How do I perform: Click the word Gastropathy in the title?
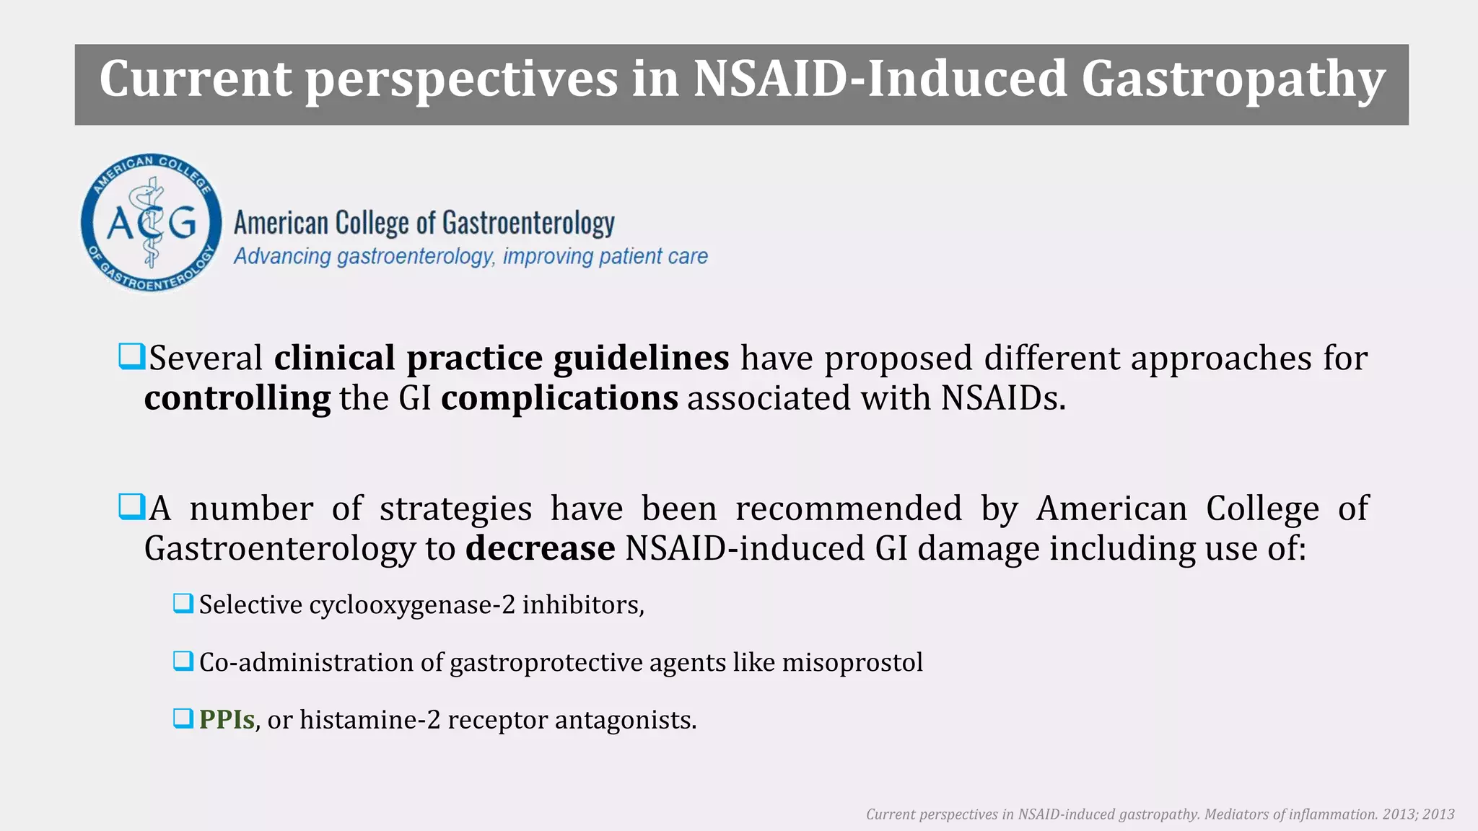pos(1233,79)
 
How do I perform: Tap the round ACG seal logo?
pos(152,222)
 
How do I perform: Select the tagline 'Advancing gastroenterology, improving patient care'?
pos(471,256)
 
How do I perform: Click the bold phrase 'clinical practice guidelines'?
pos(502,358)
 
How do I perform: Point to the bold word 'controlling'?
pos(237,398)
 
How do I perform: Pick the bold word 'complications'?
pos(559,398)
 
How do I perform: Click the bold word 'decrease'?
pos(540,548)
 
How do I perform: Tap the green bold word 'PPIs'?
pos(227,720)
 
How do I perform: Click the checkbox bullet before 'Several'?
pos(131,356)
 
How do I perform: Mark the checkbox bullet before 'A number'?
pos(131,506)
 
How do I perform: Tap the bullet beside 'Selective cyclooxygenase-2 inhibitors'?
pos(183,603)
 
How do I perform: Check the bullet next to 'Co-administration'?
pos(183,661)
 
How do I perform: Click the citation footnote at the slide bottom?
pos(1160,814)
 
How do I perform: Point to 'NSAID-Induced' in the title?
pos(880,79)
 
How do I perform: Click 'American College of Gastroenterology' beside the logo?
pos(424,223)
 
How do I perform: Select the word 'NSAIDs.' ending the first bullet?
pos(1002,398)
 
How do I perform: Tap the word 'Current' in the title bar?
pos(195,79)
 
